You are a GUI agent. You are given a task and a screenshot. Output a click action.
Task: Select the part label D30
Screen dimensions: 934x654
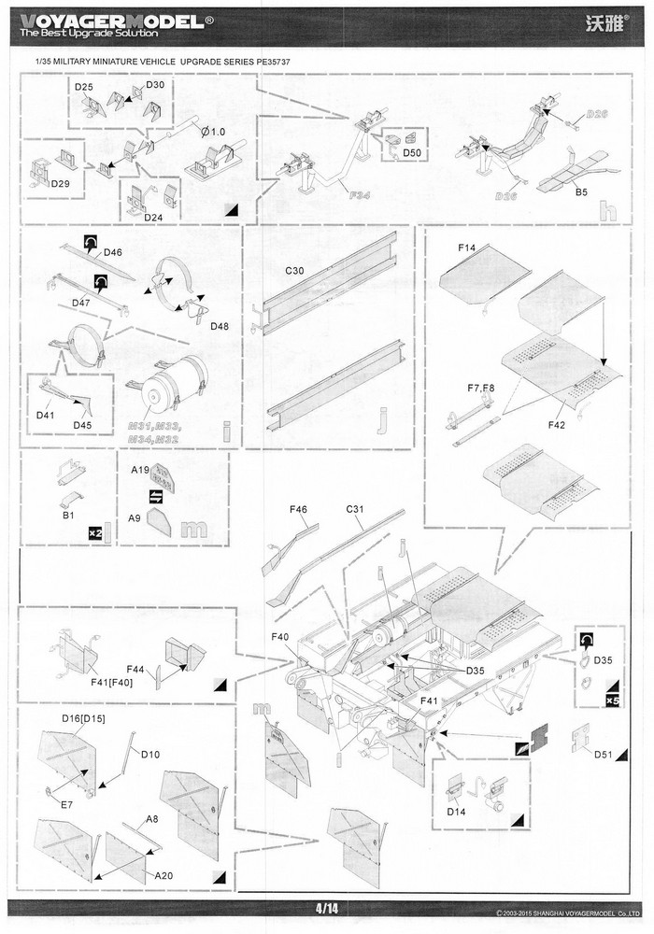[x=155, y=85]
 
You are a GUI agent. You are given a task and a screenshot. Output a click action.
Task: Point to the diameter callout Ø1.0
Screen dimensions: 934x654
[x=213, y=131]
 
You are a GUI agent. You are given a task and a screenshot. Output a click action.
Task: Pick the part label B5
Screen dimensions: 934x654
[x=581, y=192]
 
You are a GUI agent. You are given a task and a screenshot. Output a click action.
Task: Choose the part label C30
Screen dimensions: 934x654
[x=295, y=270]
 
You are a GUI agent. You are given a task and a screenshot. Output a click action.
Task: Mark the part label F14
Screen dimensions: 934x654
[x=467, y=249]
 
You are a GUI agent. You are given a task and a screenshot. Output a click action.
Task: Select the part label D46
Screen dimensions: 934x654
[x=113, y=252]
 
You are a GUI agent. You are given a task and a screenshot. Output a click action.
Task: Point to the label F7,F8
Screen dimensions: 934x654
[x=481, y=388]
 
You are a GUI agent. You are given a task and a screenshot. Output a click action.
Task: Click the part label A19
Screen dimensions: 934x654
[x=141, y=473]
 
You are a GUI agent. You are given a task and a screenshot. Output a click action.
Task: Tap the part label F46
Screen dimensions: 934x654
[x=299, y=510]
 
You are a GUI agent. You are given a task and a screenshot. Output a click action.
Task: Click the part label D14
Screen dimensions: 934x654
[x=456, y=813]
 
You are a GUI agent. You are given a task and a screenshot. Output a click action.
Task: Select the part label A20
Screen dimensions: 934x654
[x=163, y=875]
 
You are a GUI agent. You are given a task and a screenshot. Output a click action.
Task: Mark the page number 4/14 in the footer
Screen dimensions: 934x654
[x=326, y=908]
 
